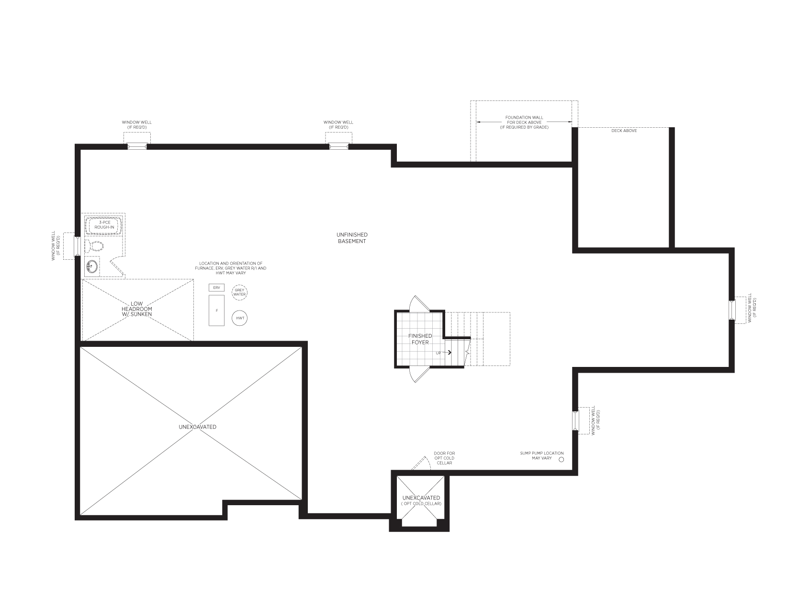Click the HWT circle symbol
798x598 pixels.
pos(239,318)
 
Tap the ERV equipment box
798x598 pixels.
pos(216,288)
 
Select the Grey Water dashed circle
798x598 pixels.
pos(239,292)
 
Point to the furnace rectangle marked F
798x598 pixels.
pos(216,310)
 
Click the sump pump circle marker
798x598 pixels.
pos(561,460)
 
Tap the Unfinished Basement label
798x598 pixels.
pos(352,238)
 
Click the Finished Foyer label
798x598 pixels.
pos(420,339)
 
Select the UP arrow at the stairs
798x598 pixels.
pos(447,352)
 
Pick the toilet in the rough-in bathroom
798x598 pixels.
pos(94,246)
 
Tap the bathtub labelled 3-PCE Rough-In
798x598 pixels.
pos(104,225)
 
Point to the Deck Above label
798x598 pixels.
pos(624,131)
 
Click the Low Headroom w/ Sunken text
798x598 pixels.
pos(137,309)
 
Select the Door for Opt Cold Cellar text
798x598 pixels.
pos(444,458)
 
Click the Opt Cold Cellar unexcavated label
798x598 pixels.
pos(421,500)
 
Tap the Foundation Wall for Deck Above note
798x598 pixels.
pos(524,122)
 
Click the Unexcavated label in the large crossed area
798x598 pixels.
pos(197,427)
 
